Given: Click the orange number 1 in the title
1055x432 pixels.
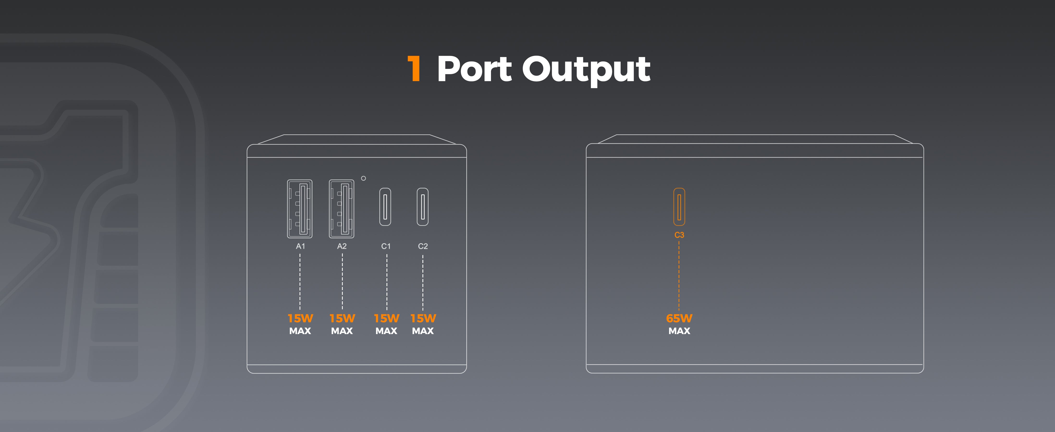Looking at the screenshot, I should coord(414,68).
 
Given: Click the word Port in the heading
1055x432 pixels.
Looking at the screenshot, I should coord(474,69).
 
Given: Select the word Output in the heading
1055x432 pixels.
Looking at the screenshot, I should coord(586,70).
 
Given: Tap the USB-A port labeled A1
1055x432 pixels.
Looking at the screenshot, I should coord(300,209).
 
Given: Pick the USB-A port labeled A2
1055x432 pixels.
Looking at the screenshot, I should coord(342,209).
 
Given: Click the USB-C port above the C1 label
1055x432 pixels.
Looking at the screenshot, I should coord(385,207).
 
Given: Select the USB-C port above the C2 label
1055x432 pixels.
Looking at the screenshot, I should coord(423,207).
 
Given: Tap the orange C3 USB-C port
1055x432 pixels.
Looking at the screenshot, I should coord(679,207).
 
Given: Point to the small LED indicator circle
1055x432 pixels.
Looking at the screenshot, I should coord(363,178).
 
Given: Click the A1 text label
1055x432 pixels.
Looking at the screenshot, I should coord(300,246).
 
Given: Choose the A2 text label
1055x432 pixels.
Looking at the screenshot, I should coord(342,246).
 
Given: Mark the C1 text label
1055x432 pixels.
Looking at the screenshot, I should coord(386,246).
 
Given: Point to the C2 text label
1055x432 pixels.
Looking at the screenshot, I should coord(423,246).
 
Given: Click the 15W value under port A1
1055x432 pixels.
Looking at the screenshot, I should coord(300,318).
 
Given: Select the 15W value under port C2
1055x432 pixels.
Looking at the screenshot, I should coord(423,318).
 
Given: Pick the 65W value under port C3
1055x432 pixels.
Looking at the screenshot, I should coord(679,318).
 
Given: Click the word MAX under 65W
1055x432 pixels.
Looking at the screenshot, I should coord(679,331).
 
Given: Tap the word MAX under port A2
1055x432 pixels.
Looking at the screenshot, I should coord(342,331).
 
